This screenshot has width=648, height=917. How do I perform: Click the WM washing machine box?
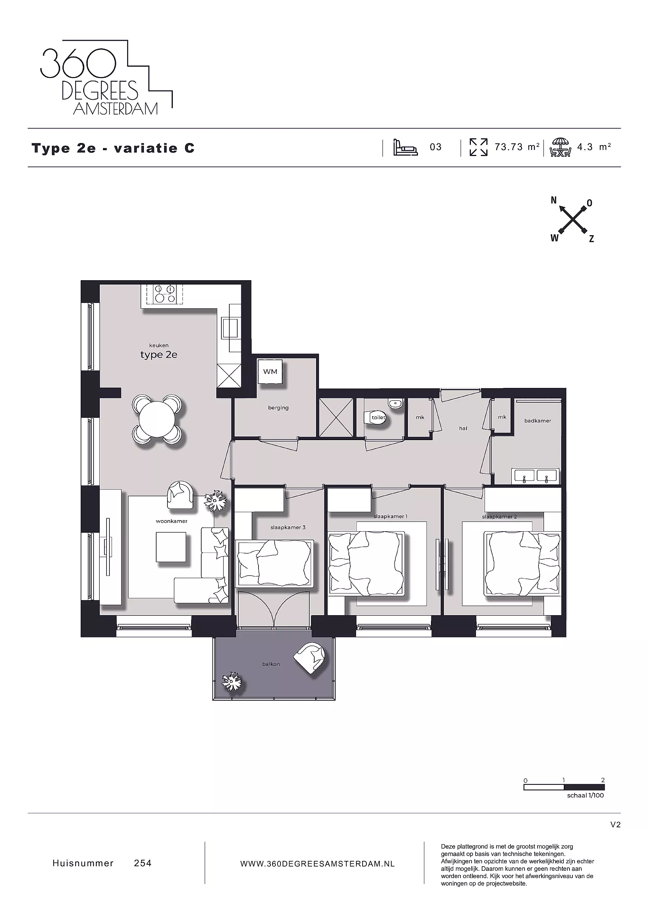click(x=270, y=372)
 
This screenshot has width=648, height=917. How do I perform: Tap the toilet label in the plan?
click(x=378, y=417)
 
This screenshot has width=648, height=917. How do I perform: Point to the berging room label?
click(x=278, y=408)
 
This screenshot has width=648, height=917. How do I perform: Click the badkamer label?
click(x=537, y=421)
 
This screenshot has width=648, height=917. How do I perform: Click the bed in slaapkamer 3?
click(x=275, y=564)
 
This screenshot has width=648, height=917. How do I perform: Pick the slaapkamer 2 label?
click(x=499, y=517)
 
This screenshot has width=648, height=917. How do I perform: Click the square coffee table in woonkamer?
click(x=171, y=547)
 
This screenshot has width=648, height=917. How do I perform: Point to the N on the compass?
click(x=553, y=201)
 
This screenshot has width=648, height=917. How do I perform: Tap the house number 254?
click(x=143, y=863)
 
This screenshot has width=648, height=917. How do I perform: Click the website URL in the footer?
click(x=318, y=864)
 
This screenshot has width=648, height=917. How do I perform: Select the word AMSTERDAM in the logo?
click(x=116, y=109)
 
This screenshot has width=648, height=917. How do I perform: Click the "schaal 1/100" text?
click(x=585, y=795)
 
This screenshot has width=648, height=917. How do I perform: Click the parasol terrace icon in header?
click(x=560, y=147)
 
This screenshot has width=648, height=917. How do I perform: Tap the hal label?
click(x=463, y=429)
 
